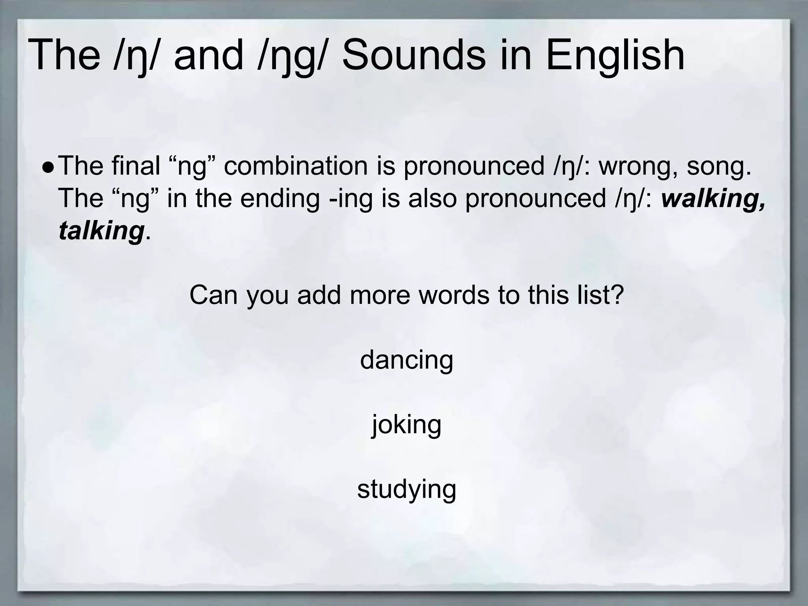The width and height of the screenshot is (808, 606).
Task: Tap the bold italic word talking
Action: pos(101,231)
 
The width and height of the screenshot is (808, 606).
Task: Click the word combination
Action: pos(296,166)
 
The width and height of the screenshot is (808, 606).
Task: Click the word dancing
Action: pos(406,361)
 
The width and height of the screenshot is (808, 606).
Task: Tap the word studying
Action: pos(406,490)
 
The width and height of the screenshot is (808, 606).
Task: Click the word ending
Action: pos(280,199)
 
